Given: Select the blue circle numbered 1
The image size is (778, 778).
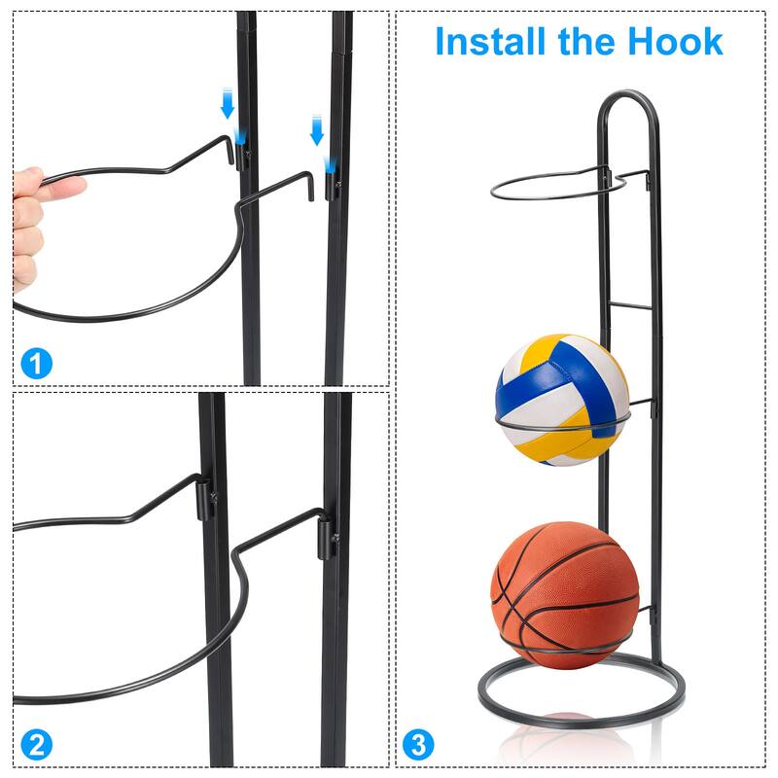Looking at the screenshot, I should (x=36, y=365).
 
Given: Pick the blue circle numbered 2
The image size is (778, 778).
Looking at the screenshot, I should (x=36, y=746).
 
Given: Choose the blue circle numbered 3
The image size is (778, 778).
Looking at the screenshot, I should (x=417, y=746).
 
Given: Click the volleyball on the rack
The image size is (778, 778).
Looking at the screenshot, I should (x=562, y=400).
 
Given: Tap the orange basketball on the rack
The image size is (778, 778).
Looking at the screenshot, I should (x=565, y=594).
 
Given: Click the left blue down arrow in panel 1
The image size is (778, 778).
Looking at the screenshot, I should (x=228, y=103).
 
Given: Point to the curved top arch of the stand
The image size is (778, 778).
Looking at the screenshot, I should (x=628, y=97).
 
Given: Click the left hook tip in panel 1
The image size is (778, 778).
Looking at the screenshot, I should (x=233, y=153).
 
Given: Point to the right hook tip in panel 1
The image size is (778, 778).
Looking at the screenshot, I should (x=313, y=187).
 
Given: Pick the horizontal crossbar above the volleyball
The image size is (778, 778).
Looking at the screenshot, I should (x=630, y=305).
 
